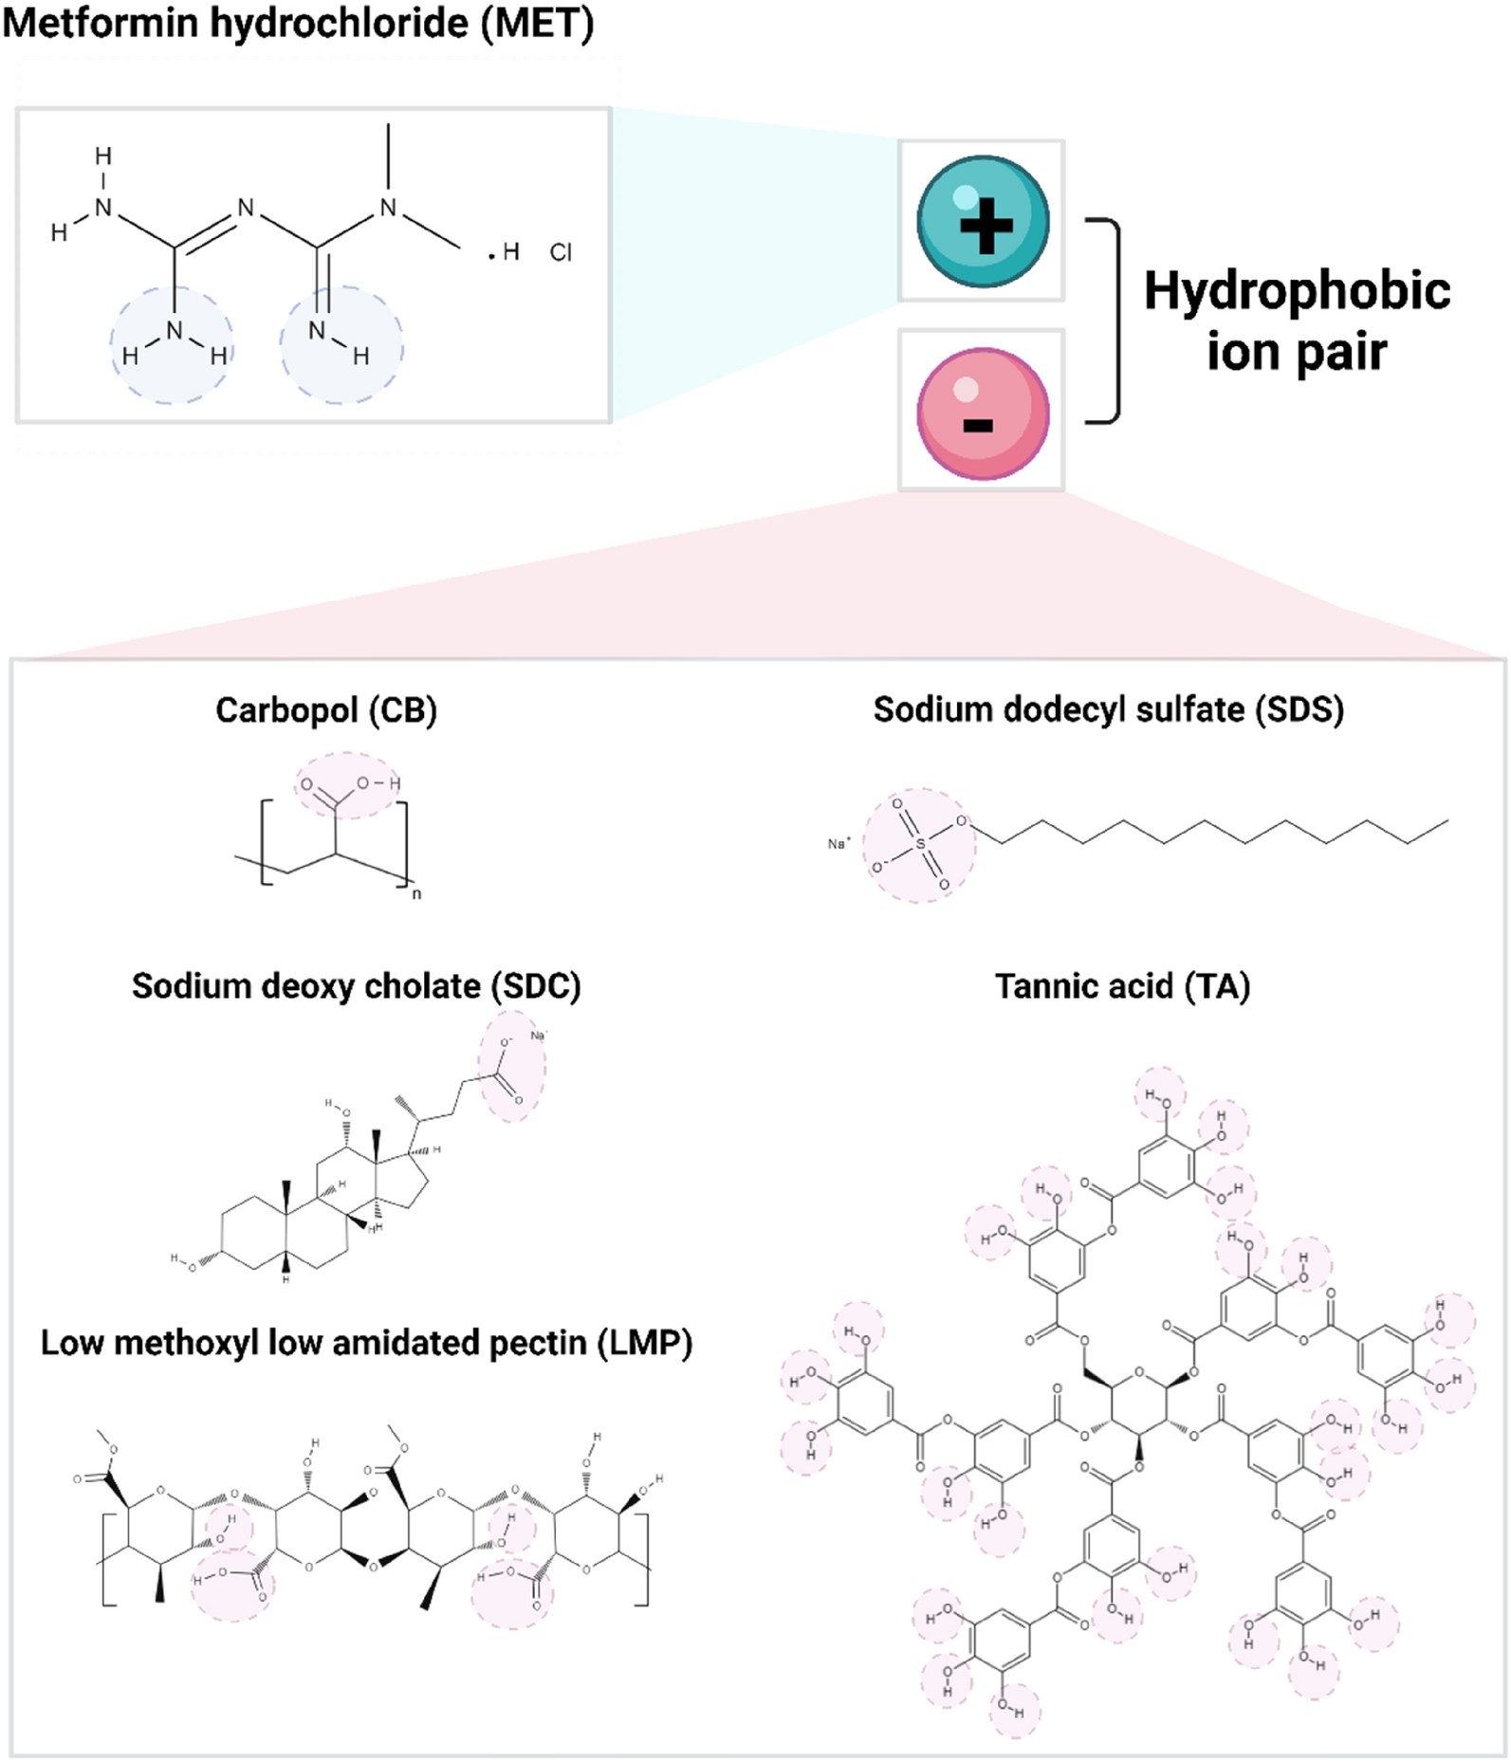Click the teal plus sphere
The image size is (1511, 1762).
coord(983,221)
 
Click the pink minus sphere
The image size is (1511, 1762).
coord(983,413)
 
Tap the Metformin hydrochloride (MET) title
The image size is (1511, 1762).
coord(298,23)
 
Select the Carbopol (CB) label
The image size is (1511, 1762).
coord(326,710)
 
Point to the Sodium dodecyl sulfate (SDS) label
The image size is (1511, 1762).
coord(1108,709)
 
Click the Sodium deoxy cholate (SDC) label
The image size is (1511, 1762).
coord(356,986)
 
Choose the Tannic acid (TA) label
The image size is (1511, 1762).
coord(1122,986)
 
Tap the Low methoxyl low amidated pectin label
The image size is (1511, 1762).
coord(366,1343)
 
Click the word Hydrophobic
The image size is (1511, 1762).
coord(1297,291)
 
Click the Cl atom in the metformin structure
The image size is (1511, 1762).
coord(561,252)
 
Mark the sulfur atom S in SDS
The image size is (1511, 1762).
coord(919,843)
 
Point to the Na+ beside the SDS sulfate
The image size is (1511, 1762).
coord(839,843)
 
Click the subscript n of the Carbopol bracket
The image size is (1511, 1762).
coord(416,893)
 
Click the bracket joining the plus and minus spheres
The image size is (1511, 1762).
coord(1112,320)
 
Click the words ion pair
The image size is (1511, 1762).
coord(1296,353)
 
